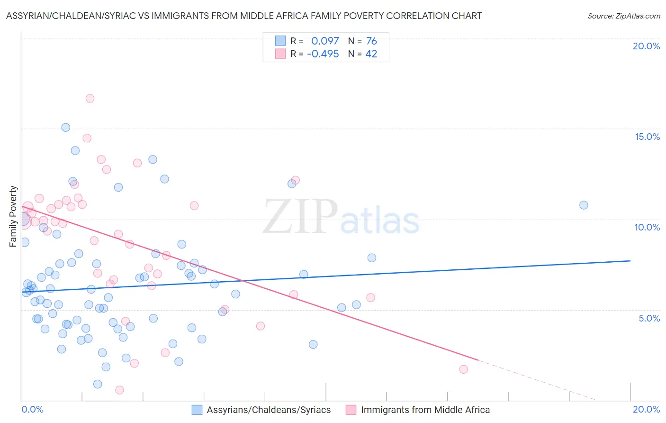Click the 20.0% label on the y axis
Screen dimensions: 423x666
[646, 46]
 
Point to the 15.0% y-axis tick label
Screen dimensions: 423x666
[647, 137]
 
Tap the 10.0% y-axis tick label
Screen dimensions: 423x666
[647, 227]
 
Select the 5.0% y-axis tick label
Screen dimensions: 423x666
[649, 318]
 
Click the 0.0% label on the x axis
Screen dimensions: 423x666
[32, 409]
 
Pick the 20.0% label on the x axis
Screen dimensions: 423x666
[646, 409]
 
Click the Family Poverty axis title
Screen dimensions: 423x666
[13, 216]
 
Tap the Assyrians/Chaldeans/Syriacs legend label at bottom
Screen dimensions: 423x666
[269, 410]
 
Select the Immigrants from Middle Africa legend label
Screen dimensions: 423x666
[425, 410]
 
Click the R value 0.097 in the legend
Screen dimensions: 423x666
[325, 41]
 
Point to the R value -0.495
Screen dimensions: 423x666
[323, 54]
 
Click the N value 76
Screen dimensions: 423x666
[371, 41]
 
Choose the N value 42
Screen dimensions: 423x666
[371, 54]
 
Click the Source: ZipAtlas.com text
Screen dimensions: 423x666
[623, 16]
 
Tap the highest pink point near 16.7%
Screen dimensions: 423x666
[90, 99]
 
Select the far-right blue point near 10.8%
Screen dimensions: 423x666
[584, 205]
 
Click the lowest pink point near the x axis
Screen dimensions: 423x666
[119, 390]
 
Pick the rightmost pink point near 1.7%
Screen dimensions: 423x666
[463, 369]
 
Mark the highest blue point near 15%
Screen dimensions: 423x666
[66, 128]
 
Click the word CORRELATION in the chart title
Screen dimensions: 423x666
[419, 16]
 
